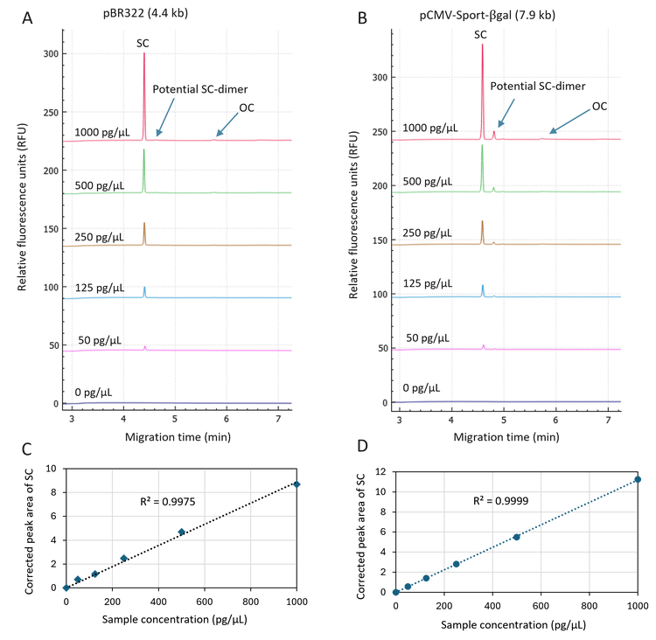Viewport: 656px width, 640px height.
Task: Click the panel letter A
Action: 27,17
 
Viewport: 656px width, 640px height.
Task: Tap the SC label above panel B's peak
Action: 480,34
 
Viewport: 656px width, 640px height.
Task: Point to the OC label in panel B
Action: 599,106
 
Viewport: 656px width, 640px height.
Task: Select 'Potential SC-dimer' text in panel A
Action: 200,89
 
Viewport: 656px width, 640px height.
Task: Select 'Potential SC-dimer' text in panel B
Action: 537,86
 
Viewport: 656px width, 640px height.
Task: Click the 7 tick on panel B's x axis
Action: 609,421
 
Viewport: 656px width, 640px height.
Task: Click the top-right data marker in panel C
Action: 297,483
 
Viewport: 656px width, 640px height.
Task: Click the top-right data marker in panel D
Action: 638,479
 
